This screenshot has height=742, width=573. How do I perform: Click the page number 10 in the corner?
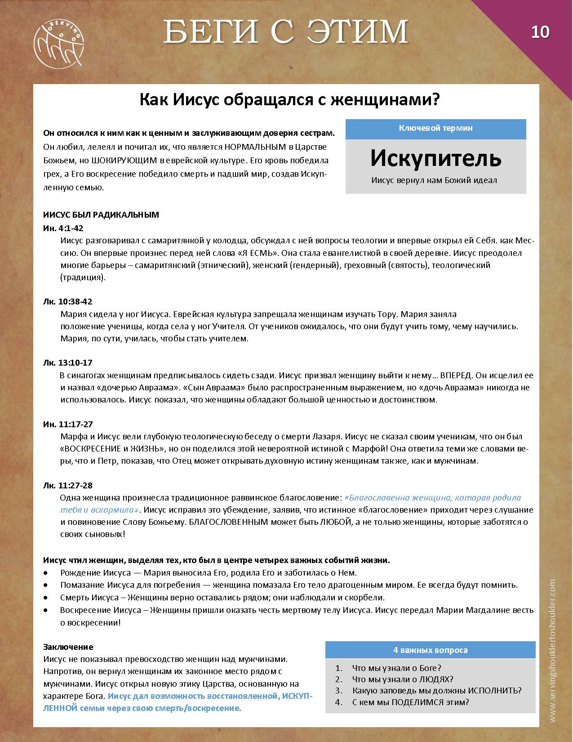pyautogui.click(x=540, y=32)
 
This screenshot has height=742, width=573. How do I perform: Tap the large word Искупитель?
pyautogui.click(x=435, y=158)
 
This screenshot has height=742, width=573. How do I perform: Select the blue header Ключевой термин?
pyautogui.click(x=435, y=128)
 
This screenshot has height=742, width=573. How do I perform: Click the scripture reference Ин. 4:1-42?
pyautogui.click(x=63, y=228)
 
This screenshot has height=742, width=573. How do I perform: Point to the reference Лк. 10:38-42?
pyautogui.click(x=68, y=301)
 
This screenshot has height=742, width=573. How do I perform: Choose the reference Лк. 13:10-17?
pyautogui.click(x=68, y=362)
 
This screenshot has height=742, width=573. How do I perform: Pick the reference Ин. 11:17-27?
pyautogui.click(x=68, y=424)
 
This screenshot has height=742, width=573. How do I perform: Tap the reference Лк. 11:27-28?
pyautogui.click(x=68, y=485)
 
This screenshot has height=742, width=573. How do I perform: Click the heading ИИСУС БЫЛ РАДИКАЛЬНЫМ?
pyautogui.click(x=101, y=215)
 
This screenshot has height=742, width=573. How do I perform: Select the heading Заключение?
pyautogui.click(x=68, y=647)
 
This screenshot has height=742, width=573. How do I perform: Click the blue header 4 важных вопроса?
pyautogui.click(x=430, y=650)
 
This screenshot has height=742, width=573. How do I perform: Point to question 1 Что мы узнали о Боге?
pyautogui.click(x=396, y=668)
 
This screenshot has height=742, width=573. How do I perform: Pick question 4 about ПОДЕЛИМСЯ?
pyautogui.click(x=410, y=702)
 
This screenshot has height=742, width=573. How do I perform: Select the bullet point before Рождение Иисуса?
pyautogui.click(x=46, y=573)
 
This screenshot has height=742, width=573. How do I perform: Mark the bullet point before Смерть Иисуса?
pyautogui.click(x=46, y=598)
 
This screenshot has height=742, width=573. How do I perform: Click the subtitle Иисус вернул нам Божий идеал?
pyautogui.click(x=434, y=180)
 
